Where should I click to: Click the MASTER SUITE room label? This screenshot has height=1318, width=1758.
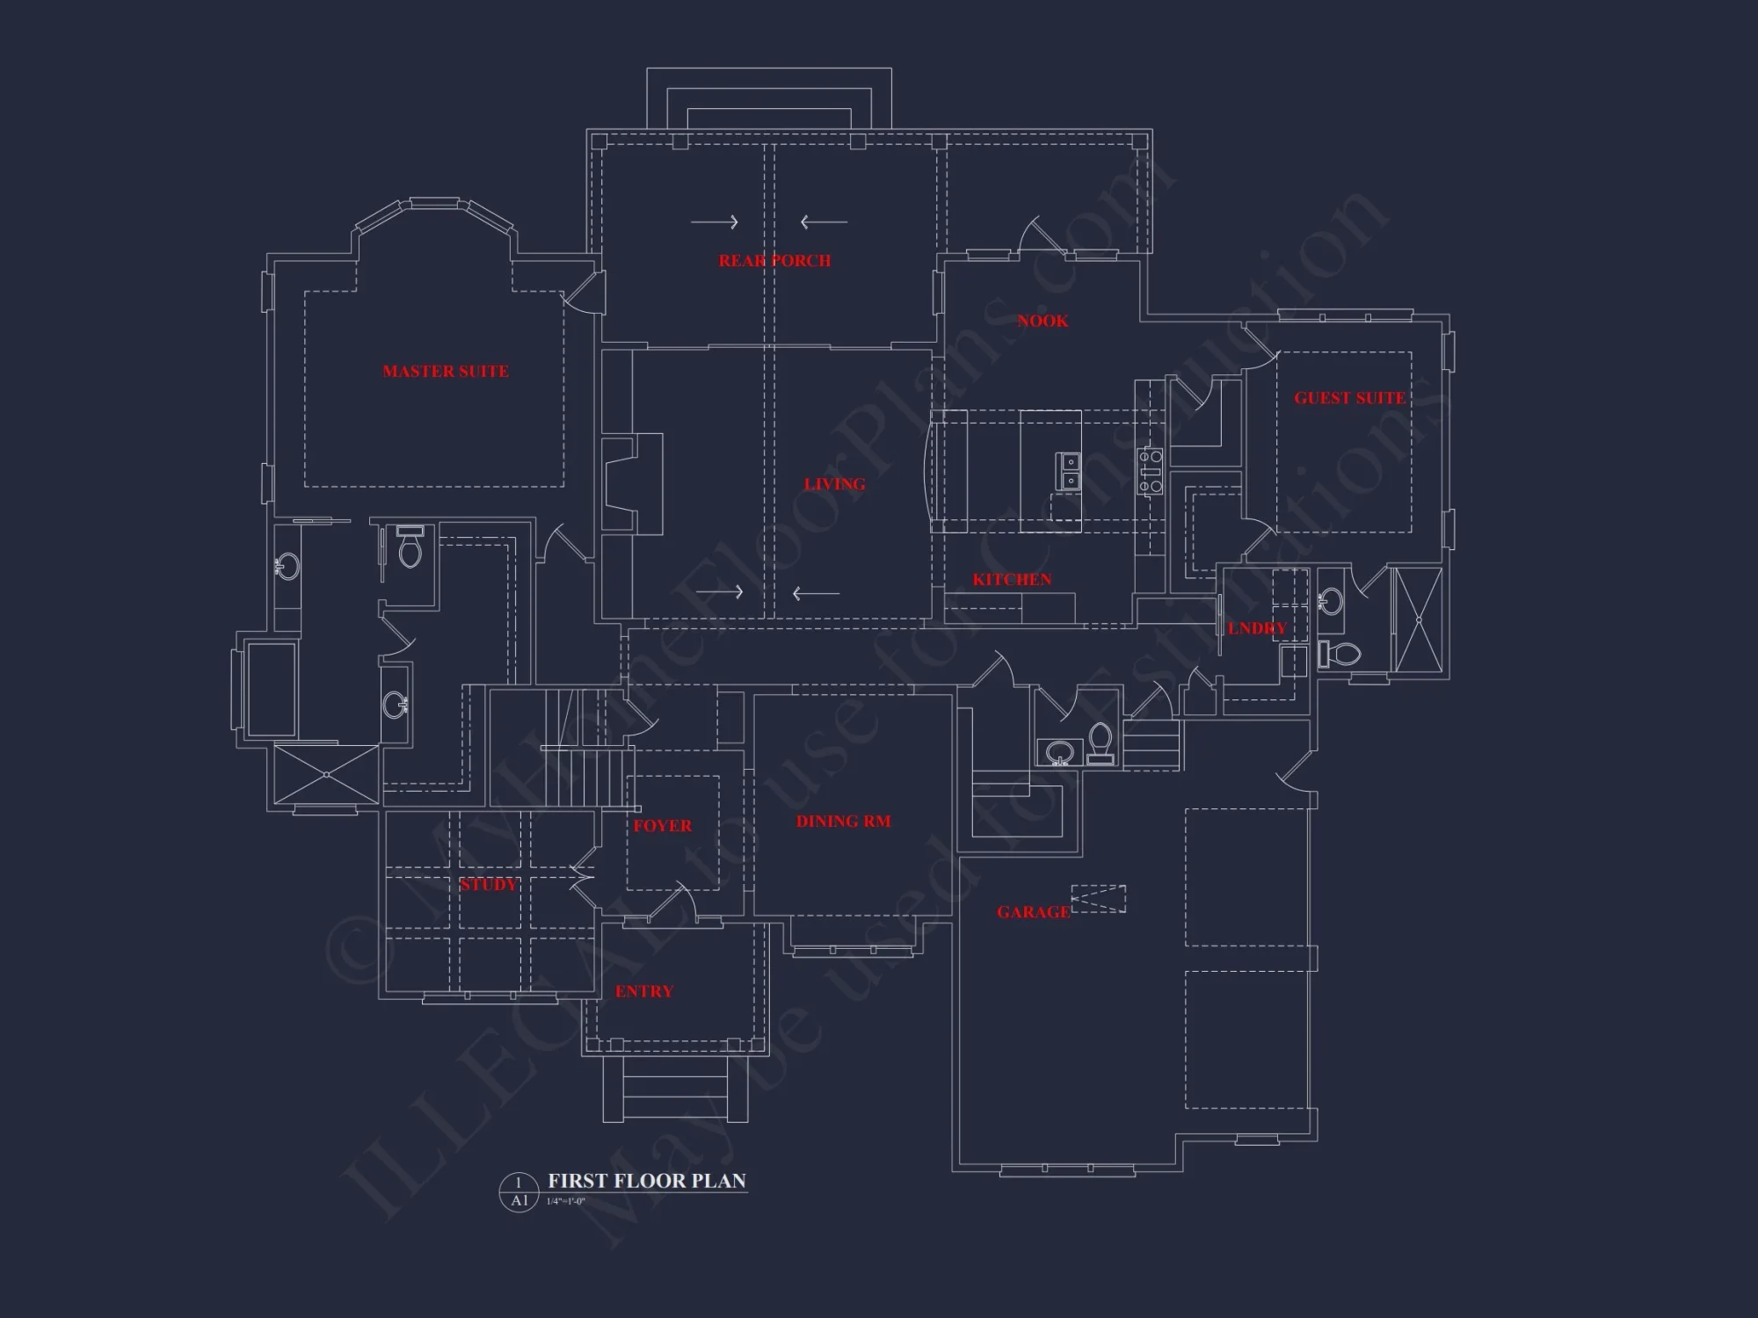tap(445, 372)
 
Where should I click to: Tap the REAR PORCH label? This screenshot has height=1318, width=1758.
tap(774, 261)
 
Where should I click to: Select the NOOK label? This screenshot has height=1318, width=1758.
tap(1042, 322)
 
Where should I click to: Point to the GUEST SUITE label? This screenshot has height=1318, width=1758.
tap(1349, 398)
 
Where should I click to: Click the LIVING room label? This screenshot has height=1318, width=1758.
tap(834, 484)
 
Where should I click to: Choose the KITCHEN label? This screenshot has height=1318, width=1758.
tap(1012, 580)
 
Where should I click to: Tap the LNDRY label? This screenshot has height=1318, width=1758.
tap(1257, 628)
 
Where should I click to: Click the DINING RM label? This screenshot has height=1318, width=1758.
tap(843, 822)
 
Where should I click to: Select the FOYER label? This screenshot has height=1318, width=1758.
tap(662, 826)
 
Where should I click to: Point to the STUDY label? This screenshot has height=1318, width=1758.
tap(488, 885)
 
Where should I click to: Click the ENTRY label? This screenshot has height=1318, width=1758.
tap(643, 992)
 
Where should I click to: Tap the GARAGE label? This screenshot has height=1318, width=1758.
tap(1033, 913)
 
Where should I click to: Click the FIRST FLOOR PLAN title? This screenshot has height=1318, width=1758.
tap(647, 1181)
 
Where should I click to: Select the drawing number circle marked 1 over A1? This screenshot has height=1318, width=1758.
tap(519, 1191)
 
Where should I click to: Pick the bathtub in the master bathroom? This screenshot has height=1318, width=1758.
tap(271, 689)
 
